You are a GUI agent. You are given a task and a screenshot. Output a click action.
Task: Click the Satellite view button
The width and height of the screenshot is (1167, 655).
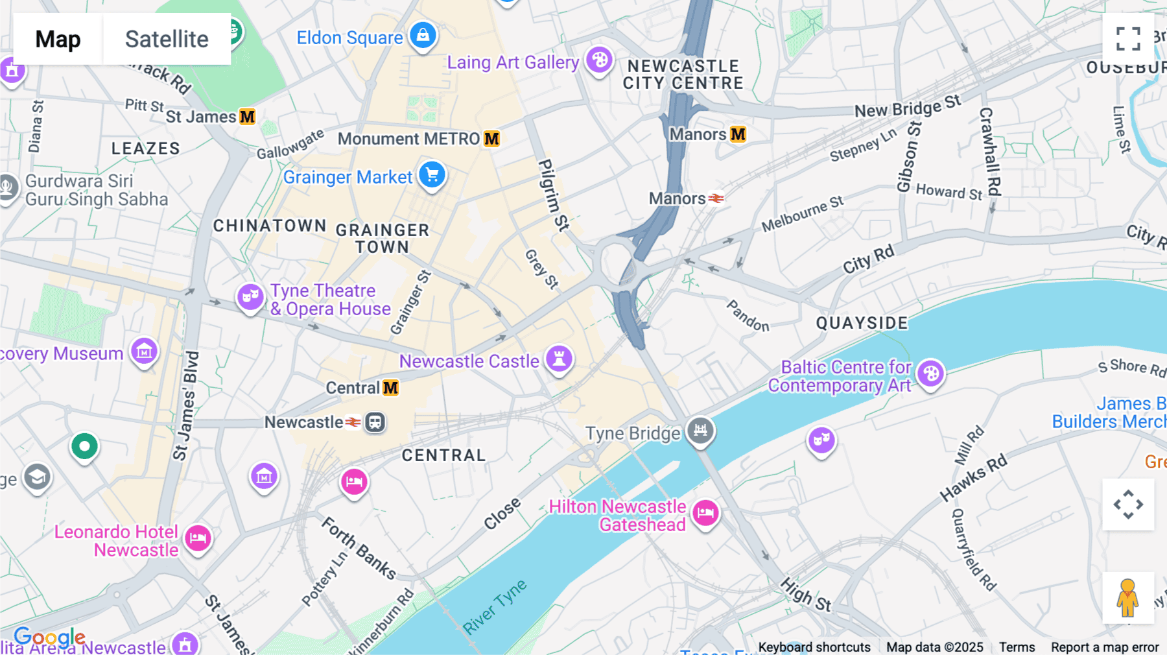(x=167, y=39)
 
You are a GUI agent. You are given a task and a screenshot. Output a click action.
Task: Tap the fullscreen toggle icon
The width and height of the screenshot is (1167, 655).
(x=1128, y=39)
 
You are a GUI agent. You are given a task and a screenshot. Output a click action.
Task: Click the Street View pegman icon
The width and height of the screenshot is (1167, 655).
(x=1128, y=597)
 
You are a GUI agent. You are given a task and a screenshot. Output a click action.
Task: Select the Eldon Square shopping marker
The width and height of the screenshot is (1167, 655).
(x=423, y=35)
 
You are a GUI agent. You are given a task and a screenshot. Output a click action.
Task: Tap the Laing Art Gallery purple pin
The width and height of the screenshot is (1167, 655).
(x=599, y=60)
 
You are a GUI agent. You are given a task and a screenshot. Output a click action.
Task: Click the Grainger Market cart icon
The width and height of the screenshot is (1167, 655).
(x=432, y=175)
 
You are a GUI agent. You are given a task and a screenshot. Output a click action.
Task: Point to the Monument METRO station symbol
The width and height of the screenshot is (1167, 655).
(x=492, y=139)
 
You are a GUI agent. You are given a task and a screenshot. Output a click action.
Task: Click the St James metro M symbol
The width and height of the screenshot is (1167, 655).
(x=247, y=117)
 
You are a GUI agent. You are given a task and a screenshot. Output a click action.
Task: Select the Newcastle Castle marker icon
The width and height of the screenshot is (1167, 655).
(x=559, y=359)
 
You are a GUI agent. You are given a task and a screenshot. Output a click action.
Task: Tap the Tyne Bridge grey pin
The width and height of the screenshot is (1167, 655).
(x=700, y=430)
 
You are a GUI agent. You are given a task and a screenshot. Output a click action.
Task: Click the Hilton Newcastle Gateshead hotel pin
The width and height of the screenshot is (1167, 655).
(x=705, y=513)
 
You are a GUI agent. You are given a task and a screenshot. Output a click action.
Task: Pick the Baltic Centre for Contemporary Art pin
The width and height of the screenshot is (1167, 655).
(x=931, y=374)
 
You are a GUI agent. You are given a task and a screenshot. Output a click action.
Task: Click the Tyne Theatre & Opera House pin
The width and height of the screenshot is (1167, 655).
(x=250, y=298)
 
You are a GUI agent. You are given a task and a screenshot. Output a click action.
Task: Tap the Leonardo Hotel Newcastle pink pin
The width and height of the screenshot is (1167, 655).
(x=198, y=538)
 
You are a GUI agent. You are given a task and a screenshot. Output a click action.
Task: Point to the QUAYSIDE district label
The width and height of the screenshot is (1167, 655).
(x=862, y=323)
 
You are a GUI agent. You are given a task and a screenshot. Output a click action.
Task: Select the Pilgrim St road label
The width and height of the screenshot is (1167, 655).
(x=552, y=195)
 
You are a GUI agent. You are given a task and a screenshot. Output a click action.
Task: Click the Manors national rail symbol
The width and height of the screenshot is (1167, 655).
(x=716, y=198)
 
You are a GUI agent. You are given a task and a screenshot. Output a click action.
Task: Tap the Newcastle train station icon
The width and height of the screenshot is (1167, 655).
(x=375, y=422)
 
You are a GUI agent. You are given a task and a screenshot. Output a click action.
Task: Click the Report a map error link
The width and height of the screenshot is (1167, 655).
(x=1105, y=647)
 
